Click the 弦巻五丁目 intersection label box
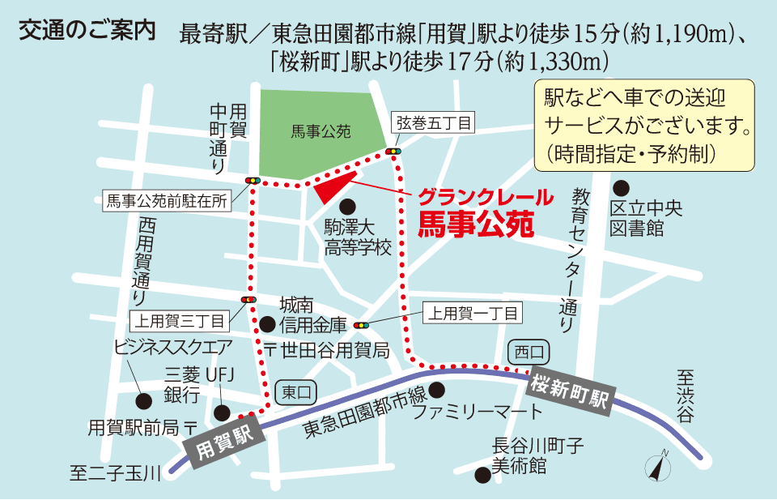(x=434, y=123)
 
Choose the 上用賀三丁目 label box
(x=180, y=321)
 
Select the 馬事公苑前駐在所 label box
(x=167, y=202)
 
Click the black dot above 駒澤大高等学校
(x=346, y=206)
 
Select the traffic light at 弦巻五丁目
(x=393, y=151)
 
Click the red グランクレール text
(x=486, y=197)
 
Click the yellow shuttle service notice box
(x=644, y=125)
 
